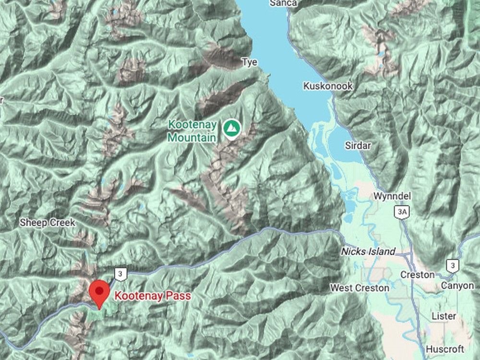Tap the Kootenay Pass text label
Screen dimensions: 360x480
point(152,296)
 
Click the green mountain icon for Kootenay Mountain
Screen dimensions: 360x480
point(232,128)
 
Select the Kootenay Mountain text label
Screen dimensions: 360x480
point(192,131)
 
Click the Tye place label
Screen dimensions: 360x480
point(249,62)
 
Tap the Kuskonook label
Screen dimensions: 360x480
point(328,86)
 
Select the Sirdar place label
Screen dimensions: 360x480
point(358,145)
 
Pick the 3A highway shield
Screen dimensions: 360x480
point(402,212)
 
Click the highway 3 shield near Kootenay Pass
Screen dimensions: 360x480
point(120,274)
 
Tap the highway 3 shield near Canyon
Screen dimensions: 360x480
point(452,265)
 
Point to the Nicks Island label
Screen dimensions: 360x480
point(368,252)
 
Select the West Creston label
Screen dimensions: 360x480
point(360,288)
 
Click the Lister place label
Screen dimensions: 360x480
point(444,316)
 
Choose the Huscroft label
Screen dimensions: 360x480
point(444,349)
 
